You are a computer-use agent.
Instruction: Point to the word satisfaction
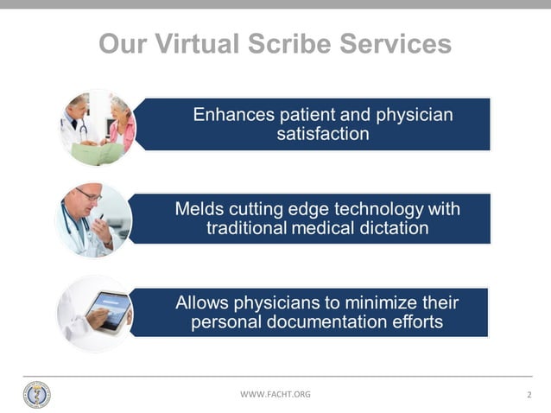point(322,134)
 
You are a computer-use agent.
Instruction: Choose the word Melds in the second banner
point(199,209)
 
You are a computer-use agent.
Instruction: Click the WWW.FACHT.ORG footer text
point(275,394)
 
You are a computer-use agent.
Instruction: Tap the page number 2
point(528,395)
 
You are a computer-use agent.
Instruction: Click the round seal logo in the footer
point(36,394)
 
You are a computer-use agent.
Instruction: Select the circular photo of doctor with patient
point(97,128)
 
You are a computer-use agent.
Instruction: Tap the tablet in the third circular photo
point(107,309)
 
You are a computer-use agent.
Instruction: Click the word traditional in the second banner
point(248,229)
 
